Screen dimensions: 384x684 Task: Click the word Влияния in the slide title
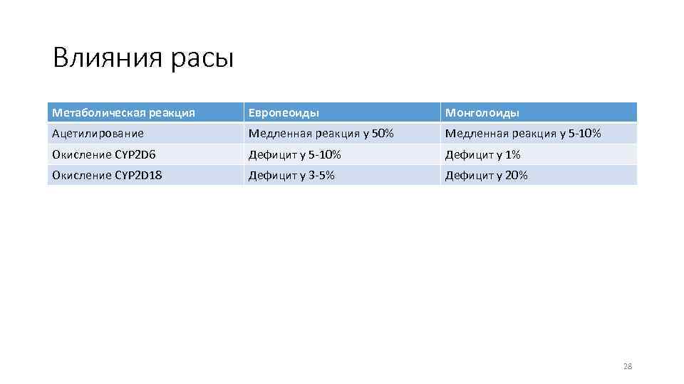tap(108, 58)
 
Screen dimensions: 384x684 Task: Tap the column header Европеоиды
tap(284, 113)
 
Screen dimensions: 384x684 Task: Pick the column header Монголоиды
tap(482, 113)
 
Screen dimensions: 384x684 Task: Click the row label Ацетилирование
tap(98, 133)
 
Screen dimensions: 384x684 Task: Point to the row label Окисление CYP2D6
tap(103, 154)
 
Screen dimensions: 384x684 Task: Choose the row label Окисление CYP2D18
tap(107, 175)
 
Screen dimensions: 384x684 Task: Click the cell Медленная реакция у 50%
tap(321, 133)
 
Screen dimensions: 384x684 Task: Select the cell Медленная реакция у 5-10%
tap(523, 133)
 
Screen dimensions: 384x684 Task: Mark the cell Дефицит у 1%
tap(483, 154)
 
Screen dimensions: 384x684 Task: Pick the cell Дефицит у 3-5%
tap(291, 175)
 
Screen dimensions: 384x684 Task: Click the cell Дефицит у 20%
tap(487, 175)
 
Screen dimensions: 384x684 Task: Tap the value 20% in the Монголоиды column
tap(516, 175)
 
